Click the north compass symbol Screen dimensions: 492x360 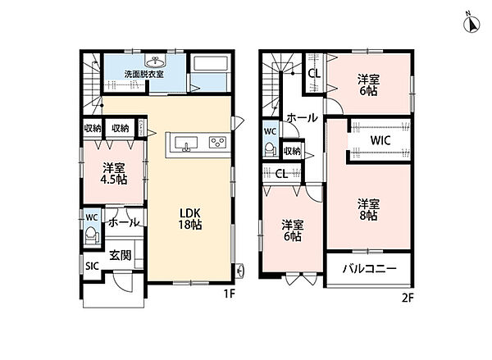click(471, 23)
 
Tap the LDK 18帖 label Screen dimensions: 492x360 click(190, 219)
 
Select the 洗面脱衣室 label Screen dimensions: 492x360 click(144, 75)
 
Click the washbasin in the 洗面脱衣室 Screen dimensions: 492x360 click(155, 62)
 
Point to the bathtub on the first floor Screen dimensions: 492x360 click(210, 63)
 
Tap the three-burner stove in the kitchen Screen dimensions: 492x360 click(217, 142)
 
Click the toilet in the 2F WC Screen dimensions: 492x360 click(270, 149)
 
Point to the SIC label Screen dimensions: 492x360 click(92, 267)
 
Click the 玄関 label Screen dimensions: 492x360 click(121, 255)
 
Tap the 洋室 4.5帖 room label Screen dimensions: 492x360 click(114, 174)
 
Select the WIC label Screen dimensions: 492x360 click(380, 140)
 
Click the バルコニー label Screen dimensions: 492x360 click(370, 269)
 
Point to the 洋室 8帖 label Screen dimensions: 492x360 click(369, 210)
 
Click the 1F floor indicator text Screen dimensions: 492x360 click(229, 294)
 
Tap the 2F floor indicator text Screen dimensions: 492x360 click(408, 297)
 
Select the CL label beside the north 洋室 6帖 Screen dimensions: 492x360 click(314, 74)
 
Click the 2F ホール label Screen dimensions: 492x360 click(302, 118)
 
